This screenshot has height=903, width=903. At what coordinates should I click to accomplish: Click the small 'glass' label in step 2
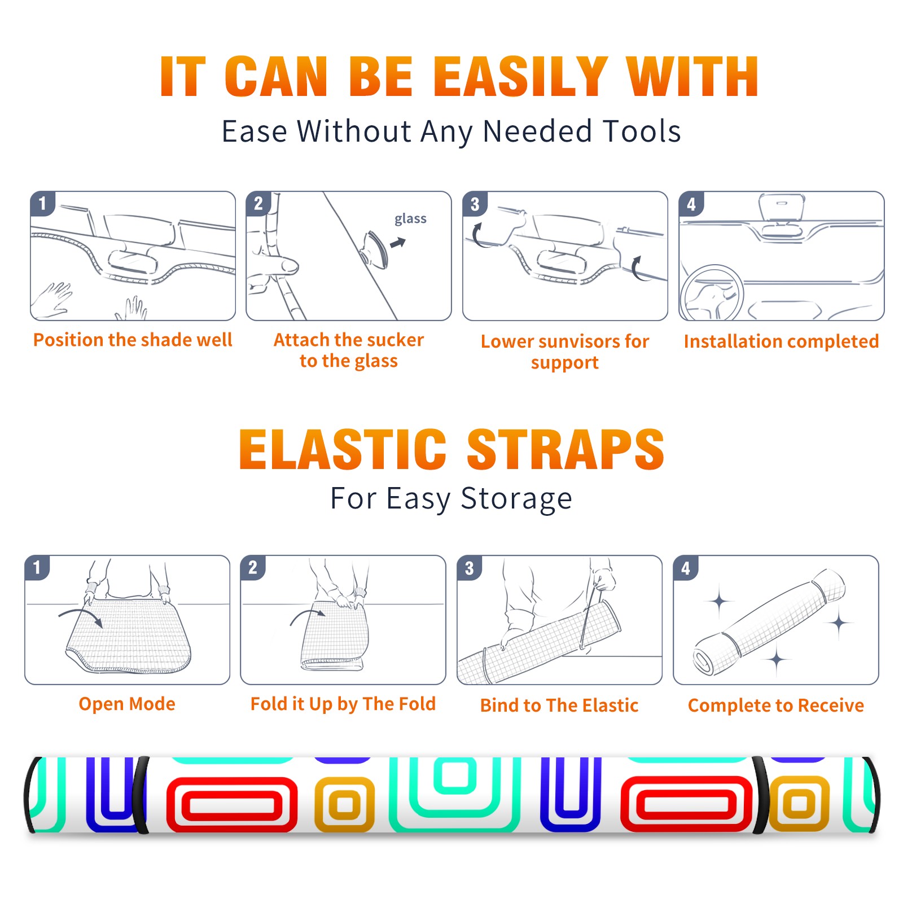coord(410,219)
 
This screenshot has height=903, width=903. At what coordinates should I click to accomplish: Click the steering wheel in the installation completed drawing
coord(712,293)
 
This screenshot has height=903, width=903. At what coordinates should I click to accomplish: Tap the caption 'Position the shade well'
coord(133,340)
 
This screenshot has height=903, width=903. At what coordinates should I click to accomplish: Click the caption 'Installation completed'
coord(781,341)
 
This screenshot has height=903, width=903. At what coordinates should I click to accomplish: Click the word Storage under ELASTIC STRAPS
coord(516,499)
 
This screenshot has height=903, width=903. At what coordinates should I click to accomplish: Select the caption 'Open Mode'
coord(127,704)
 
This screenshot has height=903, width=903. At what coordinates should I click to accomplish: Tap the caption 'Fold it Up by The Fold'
coord(343,704)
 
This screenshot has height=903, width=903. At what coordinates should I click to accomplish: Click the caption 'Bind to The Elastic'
coord(559,705)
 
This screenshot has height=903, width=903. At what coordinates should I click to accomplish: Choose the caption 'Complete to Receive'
coord(776,705)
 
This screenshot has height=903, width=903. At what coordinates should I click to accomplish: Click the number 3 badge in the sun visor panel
coord(475,204)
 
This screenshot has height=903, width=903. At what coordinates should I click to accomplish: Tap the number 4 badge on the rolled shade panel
coord(686,568)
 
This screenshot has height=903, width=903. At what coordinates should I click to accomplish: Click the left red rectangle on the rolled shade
coord(232,804)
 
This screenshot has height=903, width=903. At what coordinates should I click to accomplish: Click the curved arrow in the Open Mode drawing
coord(80,613)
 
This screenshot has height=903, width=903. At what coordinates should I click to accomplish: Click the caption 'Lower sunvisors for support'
coord(565,352)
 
